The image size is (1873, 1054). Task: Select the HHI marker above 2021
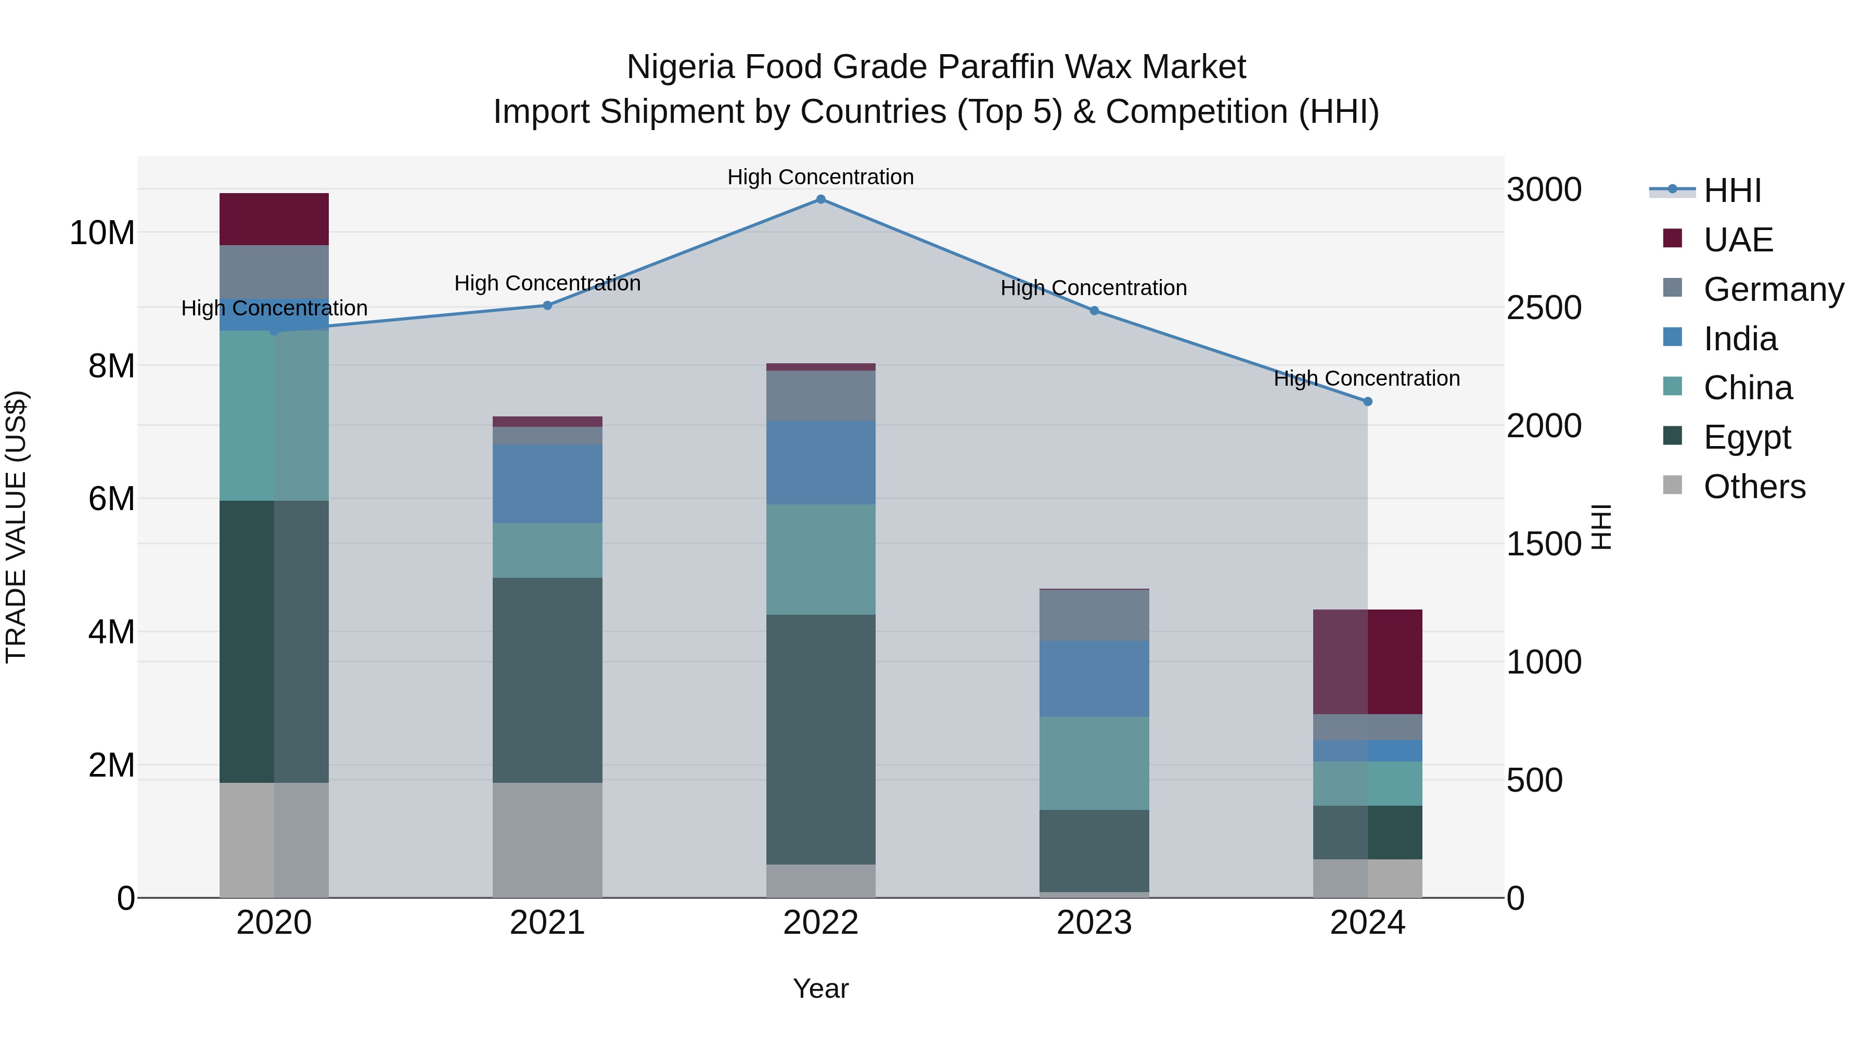coord(547,306)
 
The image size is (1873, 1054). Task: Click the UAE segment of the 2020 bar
coord(274,219)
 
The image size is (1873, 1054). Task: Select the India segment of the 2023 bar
coord(1094,679)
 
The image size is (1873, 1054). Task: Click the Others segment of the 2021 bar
coord(547,840)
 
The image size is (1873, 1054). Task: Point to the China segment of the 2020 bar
coord(274,415)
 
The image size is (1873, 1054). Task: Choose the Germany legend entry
coord(1774,289)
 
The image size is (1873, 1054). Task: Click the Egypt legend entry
coord(1747,437)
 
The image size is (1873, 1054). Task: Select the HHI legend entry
coord(1732,191)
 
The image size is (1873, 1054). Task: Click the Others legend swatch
coord(1672,485)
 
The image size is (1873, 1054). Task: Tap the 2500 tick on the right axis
coord(1543,308)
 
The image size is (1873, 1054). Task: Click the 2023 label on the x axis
coord(1094,923)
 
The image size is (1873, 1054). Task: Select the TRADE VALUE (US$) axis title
coord(16,527)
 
